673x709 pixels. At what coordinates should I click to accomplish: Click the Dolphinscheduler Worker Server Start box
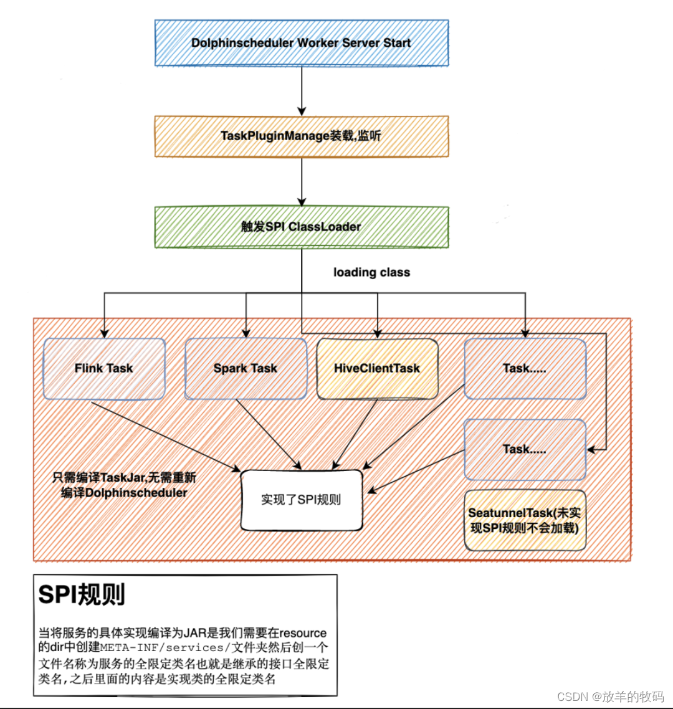pos(301,43)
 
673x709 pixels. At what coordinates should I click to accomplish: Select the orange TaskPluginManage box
pos(301,136)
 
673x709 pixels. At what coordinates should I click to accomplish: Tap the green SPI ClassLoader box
pos(301,227)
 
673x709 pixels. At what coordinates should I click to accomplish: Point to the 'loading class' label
pos(371,272)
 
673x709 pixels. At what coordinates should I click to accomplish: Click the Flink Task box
pos(103,368)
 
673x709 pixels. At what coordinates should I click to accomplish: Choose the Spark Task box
pos(246,368)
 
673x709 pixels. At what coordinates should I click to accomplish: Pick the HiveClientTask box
pos(377,368)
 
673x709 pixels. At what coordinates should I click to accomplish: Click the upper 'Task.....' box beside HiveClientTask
pos(525,368)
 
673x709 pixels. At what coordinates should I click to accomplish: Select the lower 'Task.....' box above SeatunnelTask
pos(525,449)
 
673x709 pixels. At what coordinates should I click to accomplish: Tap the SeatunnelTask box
pos(525,520)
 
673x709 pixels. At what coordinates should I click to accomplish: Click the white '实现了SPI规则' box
pos(302,500)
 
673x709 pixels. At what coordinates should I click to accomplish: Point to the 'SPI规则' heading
pos(82,595)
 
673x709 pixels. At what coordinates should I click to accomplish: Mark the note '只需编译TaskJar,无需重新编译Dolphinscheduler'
pos(124,485)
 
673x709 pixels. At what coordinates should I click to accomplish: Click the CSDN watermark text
pos(609,696)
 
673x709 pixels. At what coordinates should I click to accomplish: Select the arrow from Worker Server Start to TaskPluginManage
pos(302,90)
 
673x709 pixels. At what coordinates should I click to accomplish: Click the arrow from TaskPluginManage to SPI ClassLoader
pos(302,181)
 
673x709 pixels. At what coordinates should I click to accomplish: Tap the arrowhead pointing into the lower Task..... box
pos(592,449)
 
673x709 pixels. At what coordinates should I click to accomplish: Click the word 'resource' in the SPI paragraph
pos(303,632)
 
